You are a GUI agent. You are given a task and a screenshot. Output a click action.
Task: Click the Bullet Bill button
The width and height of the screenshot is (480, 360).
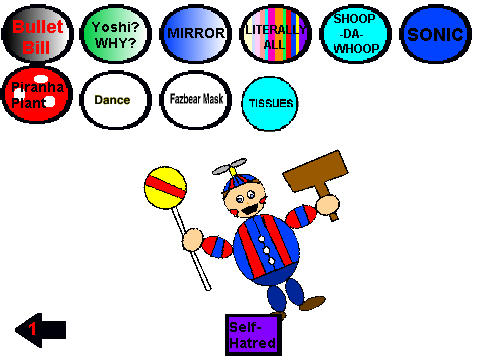[37, 34]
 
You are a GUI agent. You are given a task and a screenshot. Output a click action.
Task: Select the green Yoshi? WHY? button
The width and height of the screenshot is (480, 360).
[116, 34]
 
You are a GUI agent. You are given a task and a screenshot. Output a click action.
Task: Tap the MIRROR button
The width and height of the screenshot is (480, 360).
[196, 34]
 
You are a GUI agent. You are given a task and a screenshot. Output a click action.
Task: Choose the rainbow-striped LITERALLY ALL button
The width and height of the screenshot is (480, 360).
[276, 34]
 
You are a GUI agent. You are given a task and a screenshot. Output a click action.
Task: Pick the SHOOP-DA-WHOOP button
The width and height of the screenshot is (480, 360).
[355, 34]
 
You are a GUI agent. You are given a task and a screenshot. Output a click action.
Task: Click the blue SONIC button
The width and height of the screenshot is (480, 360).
[435, 34]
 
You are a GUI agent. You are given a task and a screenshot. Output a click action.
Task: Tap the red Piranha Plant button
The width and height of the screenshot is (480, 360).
[37, 94]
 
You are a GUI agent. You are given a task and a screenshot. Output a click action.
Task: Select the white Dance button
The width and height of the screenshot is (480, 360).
[116, 100]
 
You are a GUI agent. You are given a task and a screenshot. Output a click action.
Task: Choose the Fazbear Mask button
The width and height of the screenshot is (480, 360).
[196, 100]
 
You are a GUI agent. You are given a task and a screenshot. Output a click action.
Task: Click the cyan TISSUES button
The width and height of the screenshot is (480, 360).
[270, 103]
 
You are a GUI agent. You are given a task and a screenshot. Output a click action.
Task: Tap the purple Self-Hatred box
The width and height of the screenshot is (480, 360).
[253, 335]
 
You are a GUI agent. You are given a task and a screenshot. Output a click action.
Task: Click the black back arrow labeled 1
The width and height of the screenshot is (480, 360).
[41, 330]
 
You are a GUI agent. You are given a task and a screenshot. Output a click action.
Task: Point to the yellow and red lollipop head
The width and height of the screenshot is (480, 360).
[166, 188]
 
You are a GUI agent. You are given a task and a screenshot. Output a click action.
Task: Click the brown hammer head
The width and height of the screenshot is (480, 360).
[315, 171]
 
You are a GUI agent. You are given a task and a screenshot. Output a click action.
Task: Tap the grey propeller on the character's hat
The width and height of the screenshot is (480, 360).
[230, 166]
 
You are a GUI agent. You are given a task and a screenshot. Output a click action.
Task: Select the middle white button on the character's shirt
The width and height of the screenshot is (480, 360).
[267, 250]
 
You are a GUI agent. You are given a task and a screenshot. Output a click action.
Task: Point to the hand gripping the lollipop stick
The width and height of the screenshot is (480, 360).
[193, 239]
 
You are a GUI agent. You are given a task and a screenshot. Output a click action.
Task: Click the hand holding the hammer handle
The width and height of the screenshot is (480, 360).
[328, 204]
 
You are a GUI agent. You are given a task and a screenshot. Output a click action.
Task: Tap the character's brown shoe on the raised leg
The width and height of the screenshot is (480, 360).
[312, 303]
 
